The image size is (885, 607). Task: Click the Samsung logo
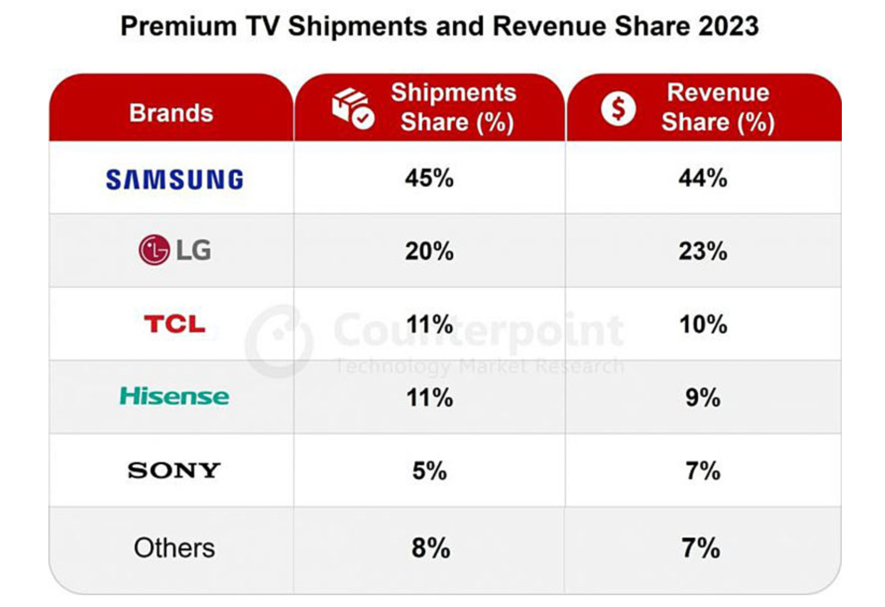tap(174, 180)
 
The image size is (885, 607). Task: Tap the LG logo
tap(175, 250)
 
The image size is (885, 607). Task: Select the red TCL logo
tap(174, 324)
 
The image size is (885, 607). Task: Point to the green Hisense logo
tap(174, 397)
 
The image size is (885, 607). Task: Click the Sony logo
tap(174, 470)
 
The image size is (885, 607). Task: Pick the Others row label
tap(174, 548)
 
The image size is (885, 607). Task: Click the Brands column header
tap(171, 113)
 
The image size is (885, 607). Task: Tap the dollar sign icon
tap(618, 109)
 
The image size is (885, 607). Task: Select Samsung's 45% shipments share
tap(429, 178)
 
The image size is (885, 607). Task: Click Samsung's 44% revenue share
tap(703, 178)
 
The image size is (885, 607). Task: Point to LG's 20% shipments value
tap(429, 251)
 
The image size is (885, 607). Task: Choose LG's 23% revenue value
tap(703, 251)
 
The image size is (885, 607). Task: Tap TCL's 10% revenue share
tap(703, 325)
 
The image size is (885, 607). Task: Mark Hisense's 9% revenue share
tap(703, 398)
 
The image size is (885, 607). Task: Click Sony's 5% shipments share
tap(430, 471)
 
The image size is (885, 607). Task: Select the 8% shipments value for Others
tap(431, 548)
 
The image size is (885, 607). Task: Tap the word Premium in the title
tap(179, 26)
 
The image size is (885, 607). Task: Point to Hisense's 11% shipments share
tap(430, 398)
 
